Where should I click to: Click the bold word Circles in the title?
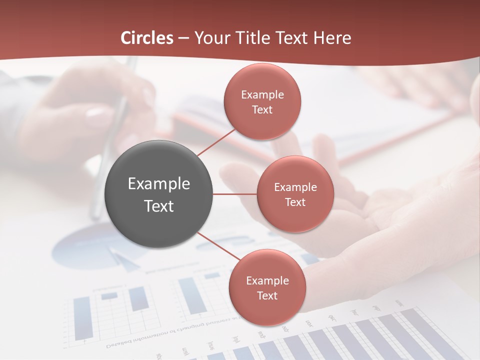[x=147, y=38]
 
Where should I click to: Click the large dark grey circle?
[x=159, y=194]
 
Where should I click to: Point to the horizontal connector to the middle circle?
[x=235, y=194]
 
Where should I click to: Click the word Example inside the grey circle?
[x=159, y=184]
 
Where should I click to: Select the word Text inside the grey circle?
[x=159, y=206]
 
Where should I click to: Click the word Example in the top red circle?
[x=262, y=95]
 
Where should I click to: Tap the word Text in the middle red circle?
[x=295, y=202]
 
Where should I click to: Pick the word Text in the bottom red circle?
[x=267, y=295]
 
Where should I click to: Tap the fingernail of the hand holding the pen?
[x=95, y=112]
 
